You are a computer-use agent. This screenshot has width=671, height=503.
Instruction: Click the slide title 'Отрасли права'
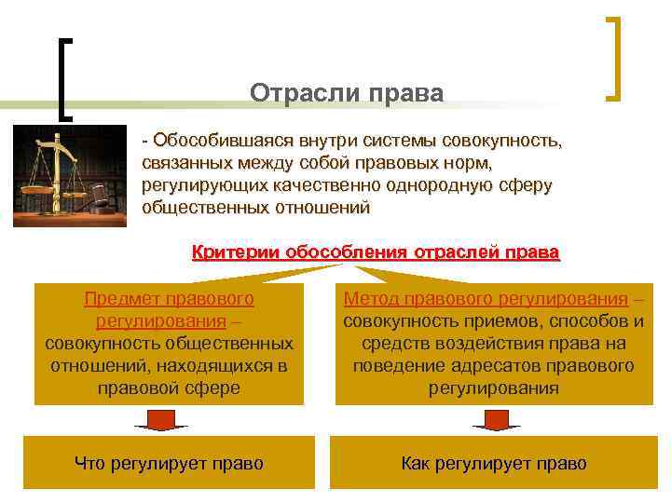[347, 94]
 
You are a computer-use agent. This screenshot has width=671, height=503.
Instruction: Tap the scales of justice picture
[71, 175]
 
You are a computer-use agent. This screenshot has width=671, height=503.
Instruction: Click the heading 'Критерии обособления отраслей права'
[376, 252]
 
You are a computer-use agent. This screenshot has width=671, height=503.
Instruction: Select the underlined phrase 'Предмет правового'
[169, 299]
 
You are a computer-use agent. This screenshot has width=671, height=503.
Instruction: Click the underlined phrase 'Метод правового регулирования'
[485, 299]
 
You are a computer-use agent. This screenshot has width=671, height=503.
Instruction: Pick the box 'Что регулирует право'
[169, 463]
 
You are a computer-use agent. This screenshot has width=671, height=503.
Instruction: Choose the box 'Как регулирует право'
[494, 463]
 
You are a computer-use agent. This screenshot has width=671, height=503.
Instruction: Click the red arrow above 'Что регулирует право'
[161, 419]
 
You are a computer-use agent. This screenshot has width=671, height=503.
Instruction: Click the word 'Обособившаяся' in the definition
[222, 142]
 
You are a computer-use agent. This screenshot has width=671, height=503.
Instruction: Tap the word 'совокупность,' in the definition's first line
[504, 142]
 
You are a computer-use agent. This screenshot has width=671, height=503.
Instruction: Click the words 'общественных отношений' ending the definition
[255, 208]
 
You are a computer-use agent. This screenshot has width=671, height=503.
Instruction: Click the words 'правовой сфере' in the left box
[169, 387]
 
